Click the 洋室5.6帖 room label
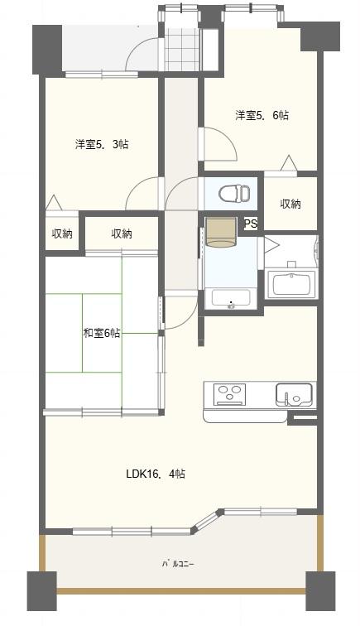262,115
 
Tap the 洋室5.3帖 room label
102,144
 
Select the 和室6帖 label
101,333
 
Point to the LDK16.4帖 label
156,474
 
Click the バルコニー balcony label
178,565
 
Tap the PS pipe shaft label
251,224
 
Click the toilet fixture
234,193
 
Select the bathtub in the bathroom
292,284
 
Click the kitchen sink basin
294,394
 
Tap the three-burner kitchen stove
229,394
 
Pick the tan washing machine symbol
221,233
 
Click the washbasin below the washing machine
231,299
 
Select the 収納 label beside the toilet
290,204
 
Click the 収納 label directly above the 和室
122,234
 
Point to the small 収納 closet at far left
62,234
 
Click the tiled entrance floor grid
181,50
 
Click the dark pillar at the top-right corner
320,36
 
